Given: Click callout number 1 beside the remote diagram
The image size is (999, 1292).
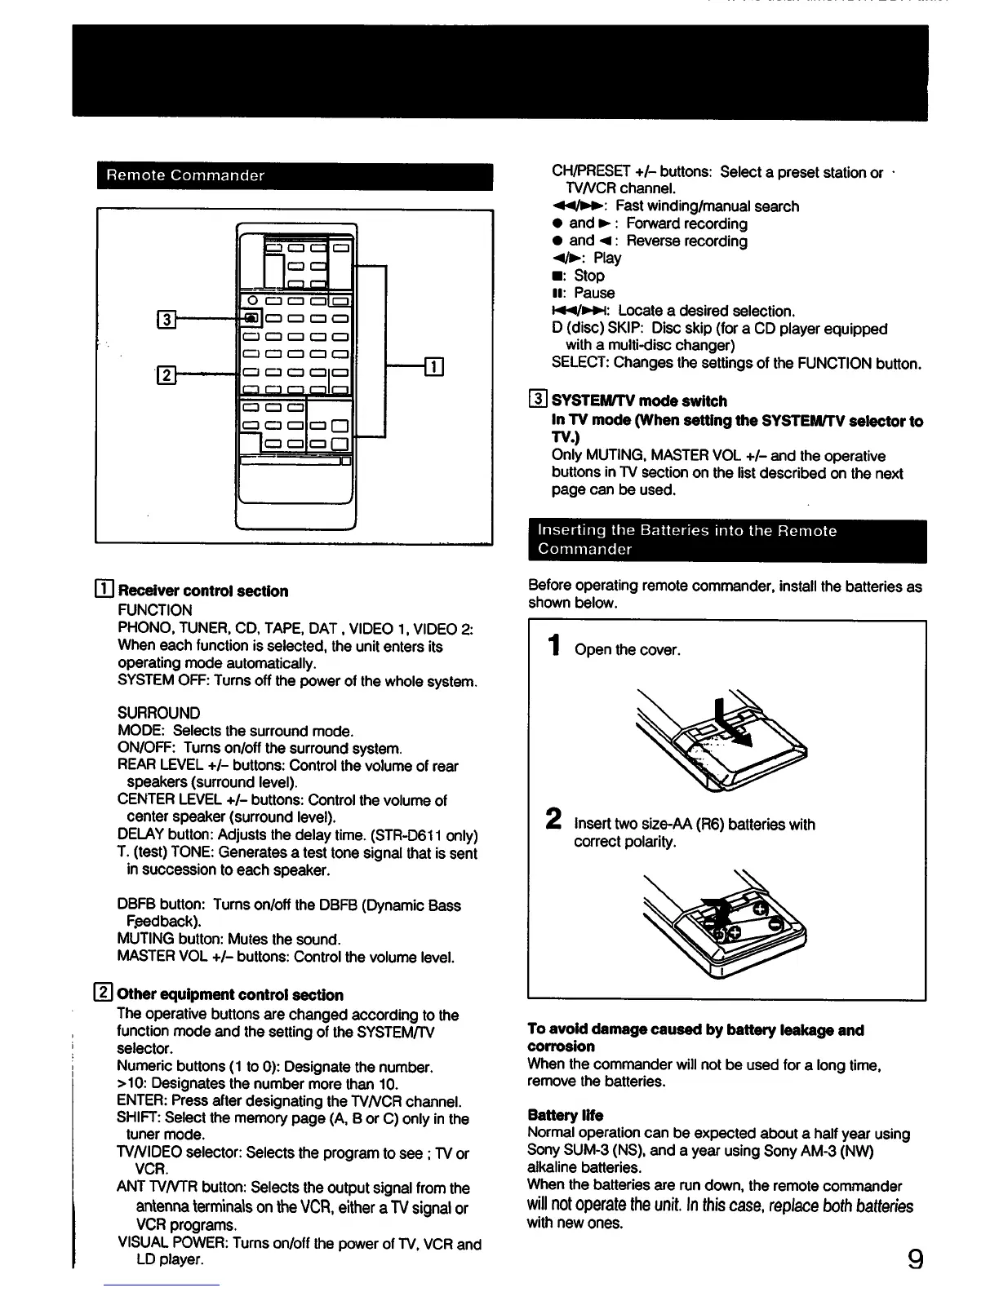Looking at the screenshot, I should pyautogui.click(x=434, y=367).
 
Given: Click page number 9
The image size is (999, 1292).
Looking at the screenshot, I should pyautogui.click(x=915, y=1259).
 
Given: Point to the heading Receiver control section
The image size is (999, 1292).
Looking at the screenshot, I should pyautogui.click(x=202, y=591).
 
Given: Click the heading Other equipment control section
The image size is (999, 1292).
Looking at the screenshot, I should pyautogui.click(x=230, y=994).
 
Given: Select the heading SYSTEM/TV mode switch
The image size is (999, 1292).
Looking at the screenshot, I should pyautogui.click(x=639, y=401).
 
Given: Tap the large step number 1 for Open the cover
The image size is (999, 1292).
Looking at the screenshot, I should pyautogui.click(x=555, y=647).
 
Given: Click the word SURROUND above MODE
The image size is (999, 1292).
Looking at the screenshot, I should pyautogui.click(x=159, y=713).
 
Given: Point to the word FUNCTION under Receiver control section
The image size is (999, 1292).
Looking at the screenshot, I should pyautogui.click(x=155, y=610).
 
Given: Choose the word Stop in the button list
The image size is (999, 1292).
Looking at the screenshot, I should pyautogui.click(x=588, y=276).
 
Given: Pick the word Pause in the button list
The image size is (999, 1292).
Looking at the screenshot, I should pyautogui.click(x=593, y=293).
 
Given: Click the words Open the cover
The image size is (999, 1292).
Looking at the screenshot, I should pyautogui.click(x=627, y=650).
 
